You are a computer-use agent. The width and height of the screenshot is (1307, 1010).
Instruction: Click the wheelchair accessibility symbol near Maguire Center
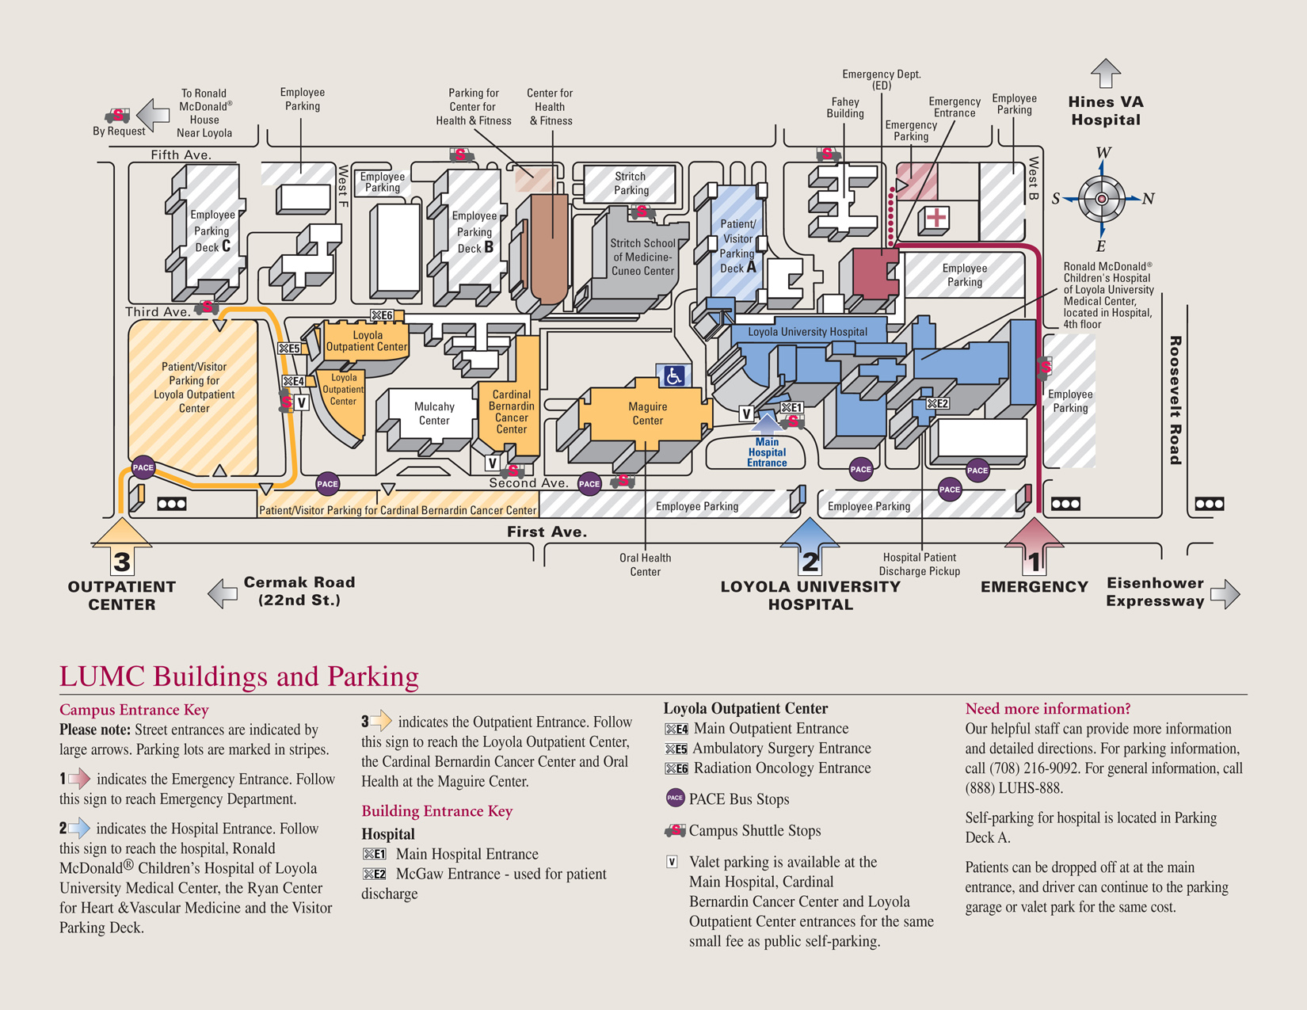coord(673,375)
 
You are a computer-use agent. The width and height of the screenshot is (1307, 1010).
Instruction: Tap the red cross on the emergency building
coord(936,218)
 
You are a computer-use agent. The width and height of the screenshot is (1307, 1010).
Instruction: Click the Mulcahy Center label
coord(434,414)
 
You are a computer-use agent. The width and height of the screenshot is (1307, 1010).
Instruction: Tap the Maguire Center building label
coord(647,414)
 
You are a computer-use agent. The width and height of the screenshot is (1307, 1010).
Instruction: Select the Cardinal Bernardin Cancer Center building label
coord(511,412)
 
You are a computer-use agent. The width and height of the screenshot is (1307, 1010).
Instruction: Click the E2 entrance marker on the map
coord(937,404)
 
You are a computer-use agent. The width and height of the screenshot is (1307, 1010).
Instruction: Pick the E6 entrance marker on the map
coord(382,315)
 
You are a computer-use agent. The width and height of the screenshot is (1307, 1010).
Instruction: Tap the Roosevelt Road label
coord(1175,400)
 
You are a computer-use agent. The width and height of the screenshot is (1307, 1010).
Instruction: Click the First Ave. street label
coord(547,532)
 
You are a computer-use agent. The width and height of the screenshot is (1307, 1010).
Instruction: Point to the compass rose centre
coord(1101,199)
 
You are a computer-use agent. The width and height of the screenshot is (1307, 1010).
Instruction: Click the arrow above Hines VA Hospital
coord(1105,74)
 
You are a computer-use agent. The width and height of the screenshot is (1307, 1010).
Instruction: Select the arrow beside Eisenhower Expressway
coord(1225,593)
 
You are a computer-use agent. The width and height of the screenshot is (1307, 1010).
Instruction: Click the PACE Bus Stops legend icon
coord(675,798)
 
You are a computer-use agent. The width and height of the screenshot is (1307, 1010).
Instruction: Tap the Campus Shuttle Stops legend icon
coord(675,830)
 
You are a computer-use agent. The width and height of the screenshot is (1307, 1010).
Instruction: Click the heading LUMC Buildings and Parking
coord(238,677)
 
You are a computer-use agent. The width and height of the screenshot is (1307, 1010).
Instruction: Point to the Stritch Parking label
coord(631,183)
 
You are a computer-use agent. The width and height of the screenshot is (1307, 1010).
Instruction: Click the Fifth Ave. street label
coord(181,154)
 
